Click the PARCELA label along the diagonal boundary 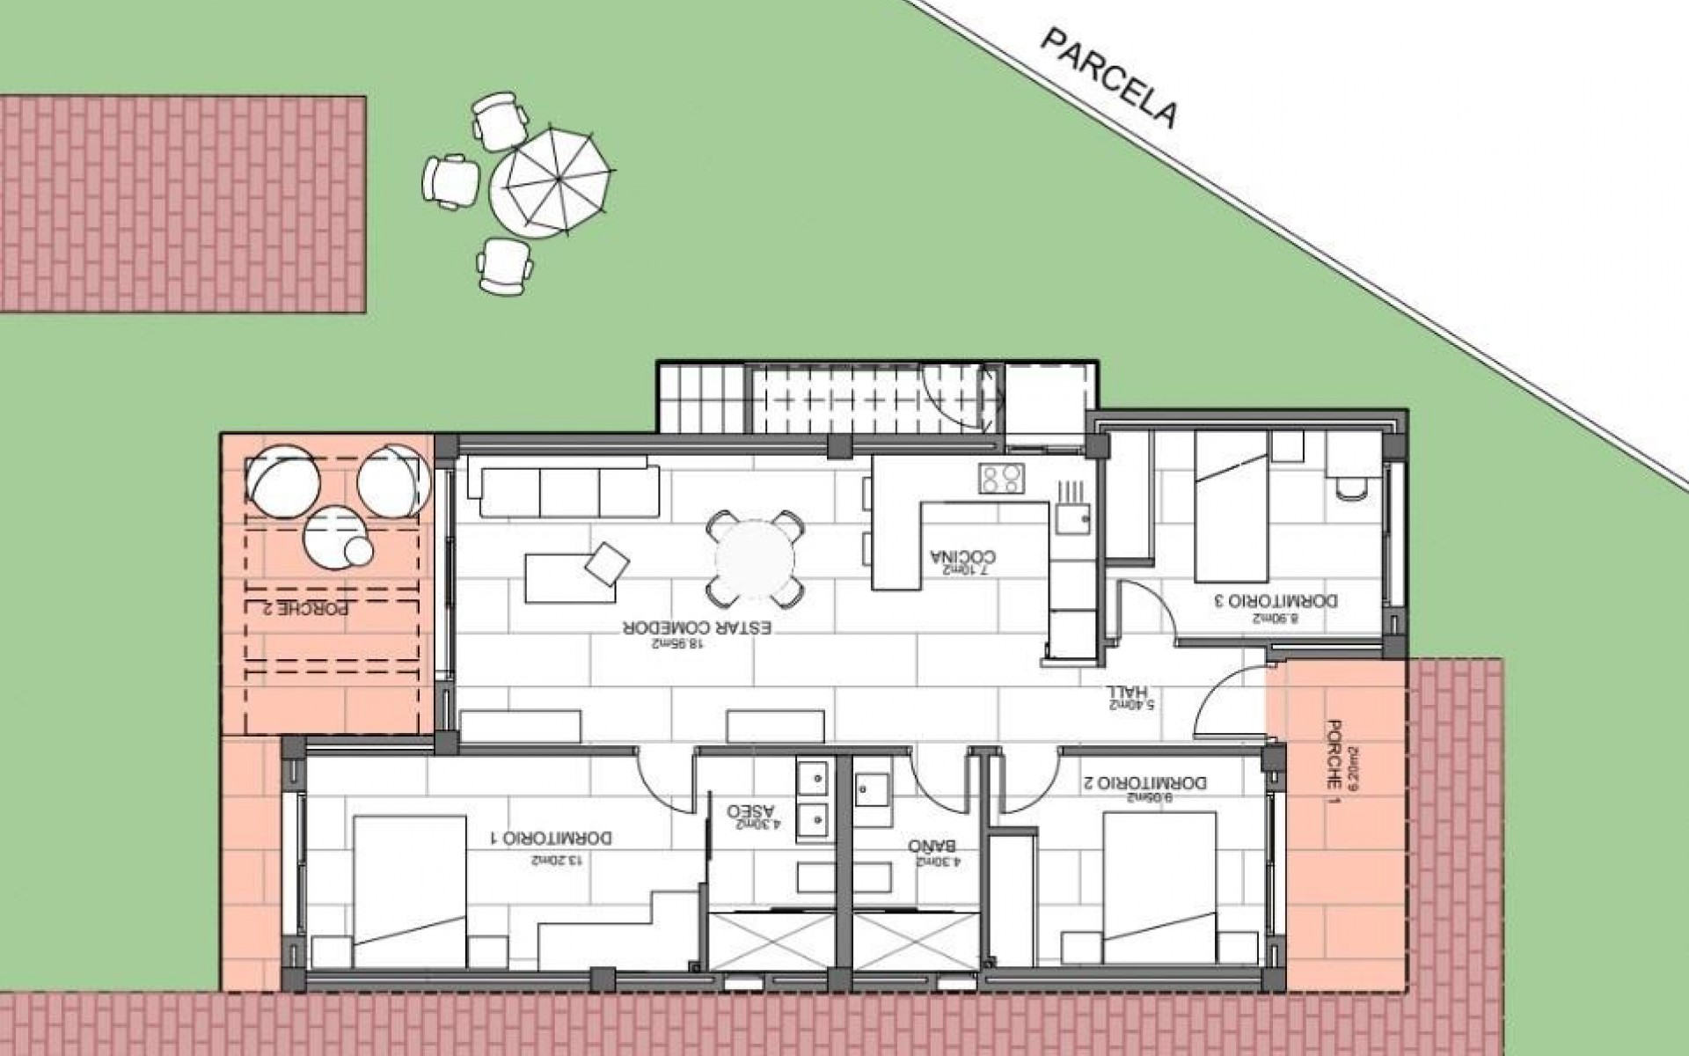[1109, 78]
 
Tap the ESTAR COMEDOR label [698, 628]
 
